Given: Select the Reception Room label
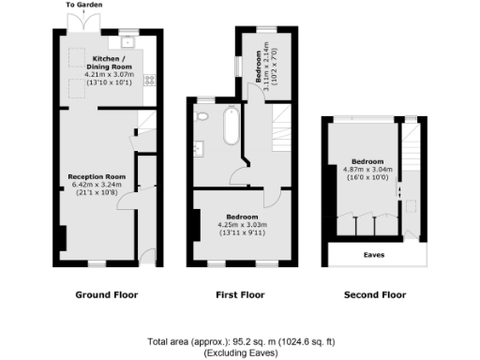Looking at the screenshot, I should pyautogui.click(x=96, y=175).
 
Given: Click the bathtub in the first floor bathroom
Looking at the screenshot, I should pyautogui.click(x=230, y=127).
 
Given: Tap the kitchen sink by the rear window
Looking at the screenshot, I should pyautogui.click(x=127, y=41).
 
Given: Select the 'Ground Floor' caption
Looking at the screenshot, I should pyautogui.click(x=106, y=294).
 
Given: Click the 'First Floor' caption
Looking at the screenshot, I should pyautogui.click(x=240, y=294).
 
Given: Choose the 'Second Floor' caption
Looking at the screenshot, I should pyautogui.click(x=374, y=294).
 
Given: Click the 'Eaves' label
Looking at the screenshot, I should pyautogui.click(x=373, y=254).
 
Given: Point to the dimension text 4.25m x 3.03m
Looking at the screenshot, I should pyautogui.click(x=241, y=225).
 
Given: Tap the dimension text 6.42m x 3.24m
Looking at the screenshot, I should pyautogui.click(x=96, y=185).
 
